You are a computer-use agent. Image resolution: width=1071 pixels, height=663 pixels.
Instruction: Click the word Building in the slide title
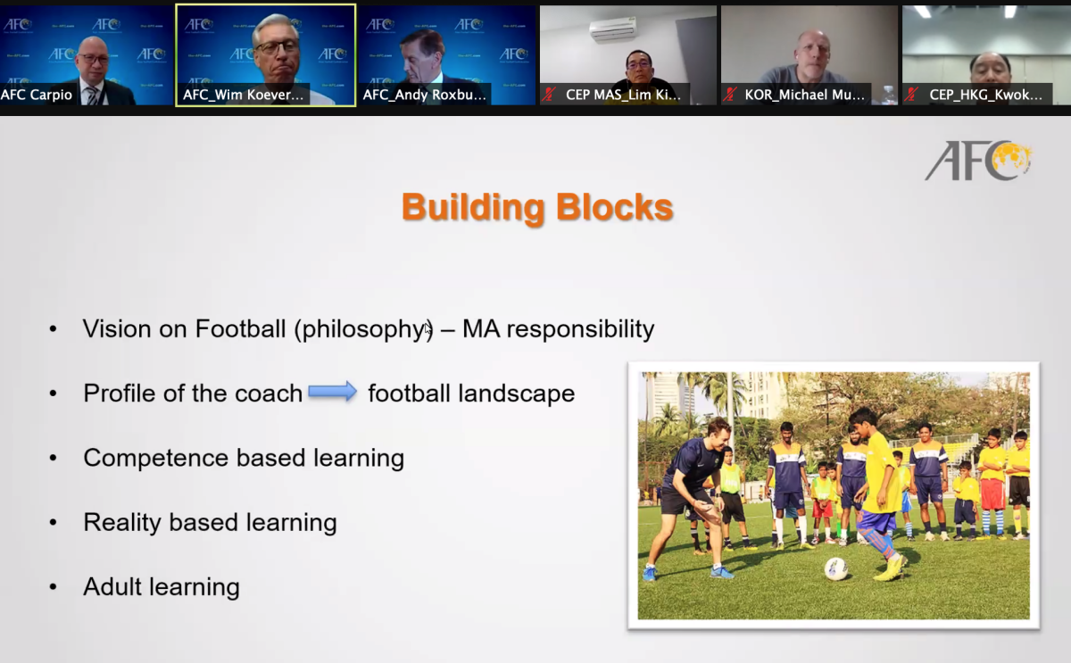pyautogui.click(x=473, y=207)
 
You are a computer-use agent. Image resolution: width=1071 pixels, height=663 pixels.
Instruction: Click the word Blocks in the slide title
pyautogui.click(x=614, y=207)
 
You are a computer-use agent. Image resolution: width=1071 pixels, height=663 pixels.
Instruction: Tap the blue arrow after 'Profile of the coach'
pyautogui.click(x=333, y=392)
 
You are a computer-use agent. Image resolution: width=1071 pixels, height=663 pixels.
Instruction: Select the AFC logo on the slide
pyautogui.click(x=979, y=161)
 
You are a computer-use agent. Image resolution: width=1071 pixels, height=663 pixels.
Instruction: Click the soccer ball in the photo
pyautogui.click(x=835, y=568)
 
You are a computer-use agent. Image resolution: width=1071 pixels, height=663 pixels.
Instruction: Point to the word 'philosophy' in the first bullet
pyautogui.click(x=364, y=329)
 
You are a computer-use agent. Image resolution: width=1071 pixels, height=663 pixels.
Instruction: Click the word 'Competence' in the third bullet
pyautogui.click(x=155, y=458)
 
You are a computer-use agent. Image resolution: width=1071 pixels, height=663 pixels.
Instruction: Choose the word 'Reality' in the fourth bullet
pyautogui.click(x=122, y=523)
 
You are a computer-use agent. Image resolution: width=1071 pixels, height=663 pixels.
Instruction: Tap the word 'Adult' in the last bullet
pyautogui.click(x=112, y=586)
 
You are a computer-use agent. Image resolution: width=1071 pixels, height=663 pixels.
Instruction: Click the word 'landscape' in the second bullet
pyautogui.click(x=517, y=394)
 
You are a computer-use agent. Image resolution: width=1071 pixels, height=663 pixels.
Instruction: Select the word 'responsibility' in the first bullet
pyautogui.click(x=580, y=329)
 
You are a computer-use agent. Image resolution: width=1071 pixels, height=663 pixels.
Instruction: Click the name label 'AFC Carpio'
pyautogui.click(x=37, y=95)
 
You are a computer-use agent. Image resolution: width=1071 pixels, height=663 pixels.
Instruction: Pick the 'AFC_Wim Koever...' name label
pyautogui.click(x=244, y=95)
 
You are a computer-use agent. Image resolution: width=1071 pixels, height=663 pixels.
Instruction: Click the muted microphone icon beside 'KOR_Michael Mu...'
pyautogui.click(x=730, y=95)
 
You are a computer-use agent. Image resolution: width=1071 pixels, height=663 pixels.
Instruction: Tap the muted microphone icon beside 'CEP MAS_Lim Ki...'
pyautogui.click(x=548, y=95)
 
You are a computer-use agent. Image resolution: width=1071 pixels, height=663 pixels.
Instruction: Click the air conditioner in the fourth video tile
pyautogui.click(x=613, y=29)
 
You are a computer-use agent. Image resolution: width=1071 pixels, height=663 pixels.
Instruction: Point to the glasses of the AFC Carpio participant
pyautogui.click(x=92, y=59)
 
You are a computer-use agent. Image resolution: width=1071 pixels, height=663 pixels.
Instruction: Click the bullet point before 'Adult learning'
pyautogui.click(x=53, y=586)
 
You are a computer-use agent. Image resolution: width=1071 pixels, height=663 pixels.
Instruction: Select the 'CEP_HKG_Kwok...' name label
pyautogui.click(x=985, y=95)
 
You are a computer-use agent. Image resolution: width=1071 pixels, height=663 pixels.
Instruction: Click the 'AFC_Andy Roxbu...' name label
pyautogui.click(x=424, y=95)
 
